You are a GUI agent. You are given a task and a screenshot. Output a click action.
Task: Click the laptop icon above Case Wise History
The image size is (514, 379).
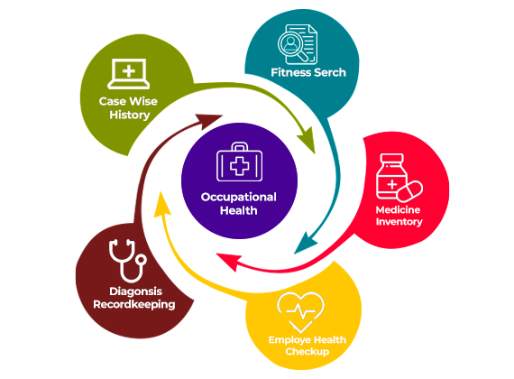[128, 73]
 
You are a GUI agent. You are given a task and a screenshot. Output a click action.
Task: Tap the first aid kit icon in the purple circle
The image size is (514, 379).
[239, 162]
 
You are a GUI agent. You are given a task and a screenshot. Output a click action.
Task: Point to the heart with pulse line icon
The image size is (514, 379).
[300, 311]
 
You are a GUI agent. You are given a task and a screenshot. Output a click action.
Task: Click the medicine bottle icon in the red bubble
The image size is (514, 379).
[391, 176]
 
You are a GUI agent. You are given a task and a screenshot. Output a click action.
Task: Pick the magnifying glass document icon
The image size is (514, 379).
[298, 44]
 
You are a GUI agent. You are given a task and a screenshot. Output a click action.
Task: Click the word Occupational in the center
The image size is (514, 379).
[239, 198]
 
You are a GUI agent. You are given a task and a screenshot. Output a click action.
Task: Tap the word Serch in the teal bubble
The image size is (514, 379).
[329, 72]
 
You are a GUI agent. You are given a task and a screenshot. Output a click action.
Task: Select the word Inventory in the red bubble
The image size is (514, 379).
[399, 222]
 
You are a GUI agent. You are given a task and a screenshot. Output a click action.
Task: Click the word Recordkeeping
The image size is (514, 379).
[134, 304]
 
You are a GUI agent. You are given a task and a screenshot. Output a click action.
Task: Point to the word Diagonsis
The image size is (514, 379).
[135, 291]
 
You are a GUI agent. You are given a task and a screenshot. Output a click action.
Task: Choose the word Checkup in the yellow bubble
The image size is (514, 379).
[307, 351]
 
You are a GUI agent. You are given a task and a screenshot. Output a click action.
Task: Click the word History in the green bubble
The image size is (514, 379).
[130, 116]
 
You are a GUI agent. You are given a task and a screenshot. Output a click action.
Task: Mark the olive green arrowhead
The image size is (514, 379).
[307, 140]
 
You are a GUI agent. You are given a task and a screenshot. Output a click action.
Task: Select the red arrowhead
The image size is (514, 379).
[228, 261]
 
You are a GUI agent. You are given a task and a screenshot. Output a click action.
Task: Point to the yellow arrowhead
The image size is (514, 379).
[161, 205]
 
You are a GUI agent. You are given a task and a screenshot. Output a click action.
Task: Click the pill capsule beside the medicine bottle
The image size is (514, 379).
[409, 191]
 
